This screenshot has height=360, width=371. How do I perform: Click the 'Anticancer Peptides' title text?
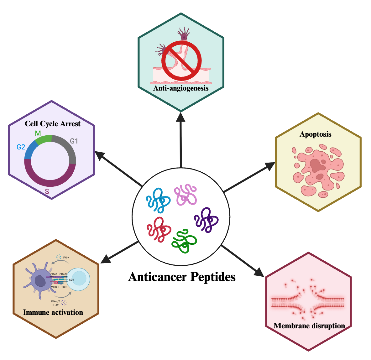click(x=182, y=277)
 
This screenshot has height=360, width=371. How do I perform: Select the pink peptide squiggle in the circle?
click(x=185, y=194)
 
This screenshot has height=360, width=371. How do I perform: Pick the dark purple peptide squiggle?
click(x=206, y=220)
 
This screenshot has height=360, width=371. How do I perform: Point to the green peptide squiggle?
click(x=184, y=241)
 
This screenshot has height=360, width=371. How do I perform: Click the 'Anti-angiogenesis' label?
click(x=181, y=88)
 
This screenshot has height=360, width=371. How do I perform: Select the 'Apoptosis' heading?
click(x=315, y=134)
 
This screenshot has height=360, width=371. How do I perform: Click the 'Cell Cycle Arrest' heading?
click(x=53, y=124)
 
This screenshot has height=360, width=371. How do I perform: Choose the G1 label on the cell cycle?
click(x=74, y=141)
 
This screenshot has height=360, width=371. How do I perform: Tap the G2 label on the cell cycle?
click(x=21, y=147)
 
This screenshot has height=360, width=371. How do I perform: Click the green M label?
click(x=38, y=133)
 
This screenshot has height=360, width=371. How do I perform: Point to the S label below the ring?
click(x=47, y=191)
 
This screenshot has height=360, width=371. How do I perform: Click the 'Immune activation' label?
click(x=53, y=312)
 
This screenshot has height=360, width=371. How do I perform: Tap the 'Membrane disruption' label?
click(x=309, y=326)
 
